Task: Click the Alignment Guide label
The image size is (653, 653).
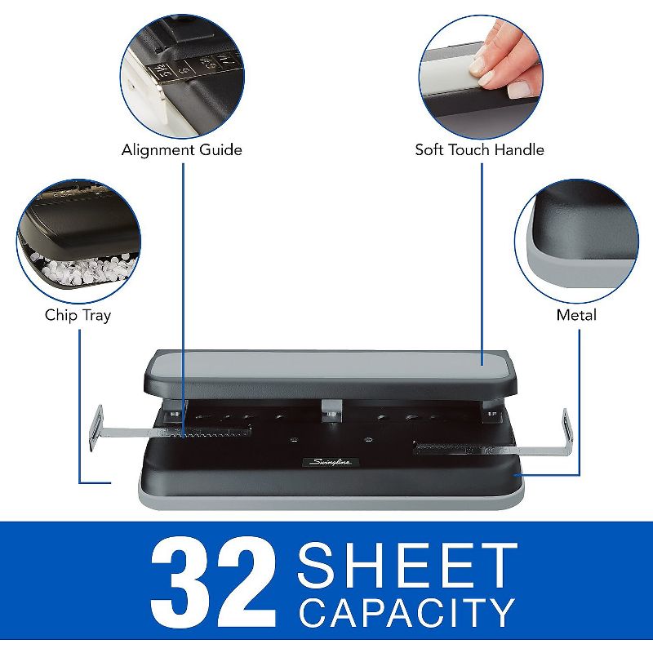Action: click(x=181, y=149)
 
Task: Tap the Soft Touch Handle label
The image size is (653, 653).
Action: click(x=479, y=149)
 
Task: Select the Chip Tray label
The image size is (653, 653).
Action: click(x=78, y=314)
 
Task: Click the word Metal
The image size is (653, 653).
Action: click(x=576, y=314)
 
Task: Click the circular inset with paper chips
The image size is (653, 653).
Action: click(x=78, y=242)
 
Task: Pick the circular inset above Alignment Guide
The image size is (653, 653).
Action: click(x=181, y=73)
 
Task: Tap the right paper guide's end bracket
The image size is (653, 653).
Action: click(x=565, y=432)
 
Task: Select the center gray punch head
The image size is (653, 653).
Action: click(x=330, y=406)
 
